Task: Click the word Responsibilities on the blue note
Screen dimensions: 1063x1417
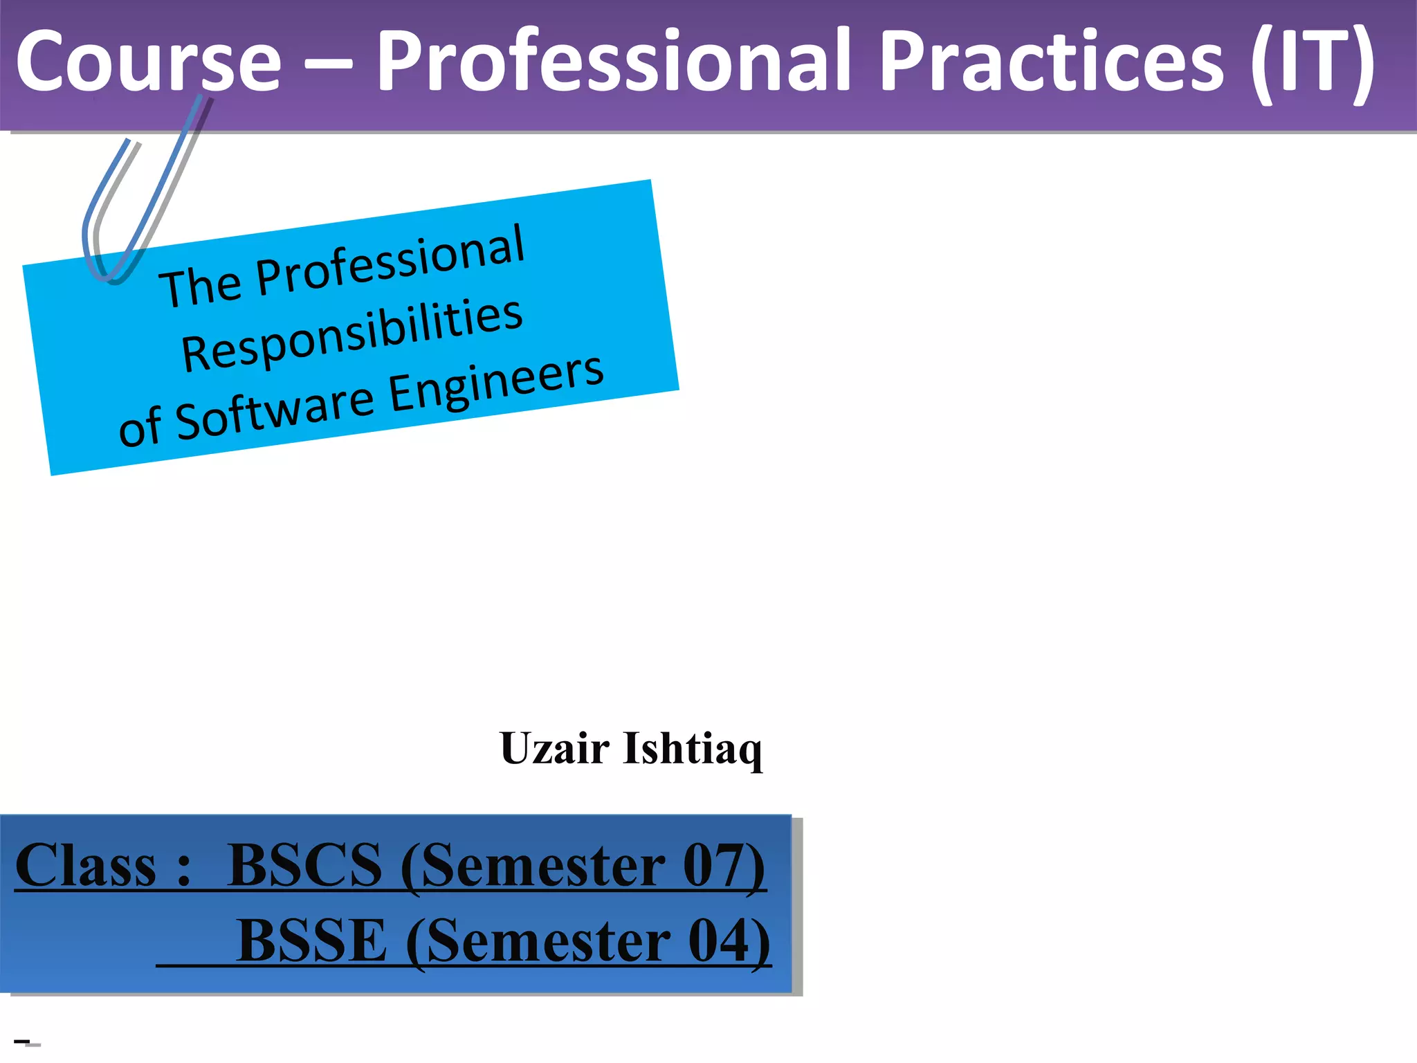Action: pyautogui.click(x=351, y=335)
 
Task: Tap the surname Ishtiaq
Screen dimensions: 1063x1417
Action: pyautogui.click(x=692, y=749)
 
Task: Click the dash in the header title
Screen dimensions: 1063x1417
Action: pyautogui.click(x=328, y=64)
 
